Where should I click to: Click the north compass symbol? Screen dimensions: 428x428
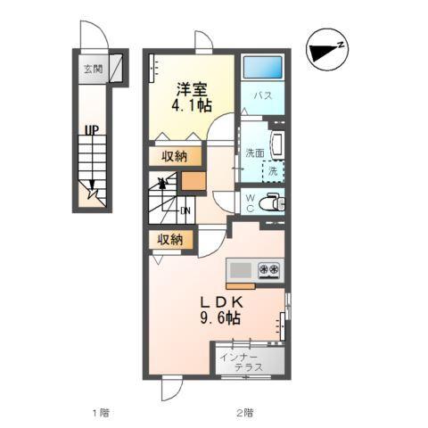point(327,50)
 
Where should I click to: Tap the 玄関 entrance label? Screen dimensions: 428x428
point(93,69)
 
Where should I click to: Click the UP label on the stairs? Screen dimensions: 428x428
point(92,130)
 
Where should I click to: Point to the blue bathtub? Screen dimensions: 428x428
point(263,67)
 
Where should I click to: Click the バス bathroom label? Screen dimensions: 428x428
point(263,95)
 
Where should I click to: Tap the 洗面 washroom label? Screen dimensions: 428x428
point(255,152)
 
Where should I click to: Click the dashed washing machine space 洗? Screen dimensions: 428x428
point(273,171)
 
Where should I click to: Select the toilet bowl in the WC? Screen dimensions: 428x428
point(271,203)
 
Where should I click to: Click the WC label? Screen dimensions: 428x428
point(251,203)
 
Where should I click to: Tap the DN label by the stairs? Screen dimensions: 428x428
point(185,210)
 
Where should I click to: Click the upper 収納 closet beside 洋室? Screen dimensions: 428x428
point(175,156)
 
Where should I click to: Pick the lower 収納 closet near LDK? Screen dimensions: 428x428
point(170,240)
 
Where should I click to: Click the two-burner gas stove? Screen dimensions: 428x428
point(269,270)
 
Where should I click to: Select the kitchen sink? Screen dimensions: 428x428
point(241,270)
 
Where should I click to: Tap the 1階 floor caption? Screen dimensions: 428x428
point(101,413)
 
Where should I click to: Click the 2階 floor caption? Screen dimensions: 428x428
point(244,413)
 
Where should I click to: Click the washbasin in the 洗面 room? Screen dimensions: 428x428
point(277,145)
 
